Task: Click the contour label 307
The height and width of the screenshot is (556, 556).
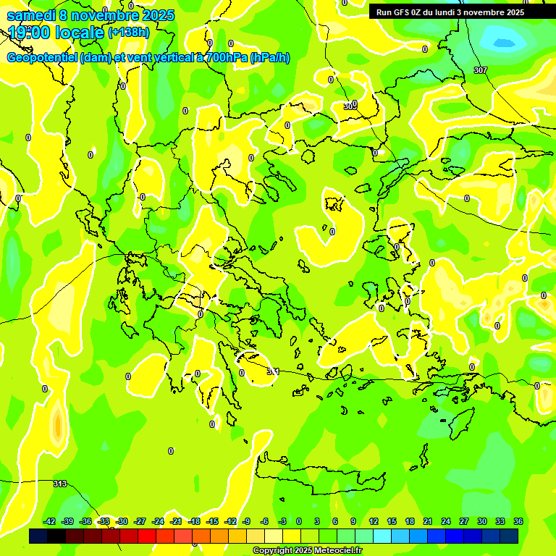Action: (481, 70)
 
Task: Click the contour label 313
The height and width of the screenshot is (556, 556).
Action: (60, 484)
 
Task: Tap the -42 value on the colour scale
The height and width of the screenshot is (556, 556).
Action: (50, 521)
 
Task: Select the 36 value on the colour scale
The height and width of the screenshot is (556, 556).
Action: (518, 521)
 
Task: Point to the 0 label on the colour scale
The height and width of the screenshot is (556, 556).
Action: (299, 521)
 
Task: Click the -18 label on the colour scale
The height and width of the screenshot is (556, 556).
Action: (194, 521)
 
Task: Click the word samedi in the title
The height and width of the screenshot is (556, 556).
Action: (31, 14)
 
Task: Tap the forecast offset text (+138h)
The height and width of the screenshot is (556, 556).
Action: (128, 32)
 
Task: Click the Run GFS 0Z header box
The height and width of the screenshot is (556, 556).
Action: (450, 12)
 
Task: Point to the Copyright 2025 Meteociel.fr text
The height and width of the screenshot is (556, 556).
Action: (308, 550)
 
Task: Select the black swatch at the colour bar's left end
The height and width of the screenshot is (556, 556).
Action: (38, 536)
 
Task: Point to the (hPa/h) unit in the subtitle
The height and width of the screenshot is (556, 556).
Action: (269, 58)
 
